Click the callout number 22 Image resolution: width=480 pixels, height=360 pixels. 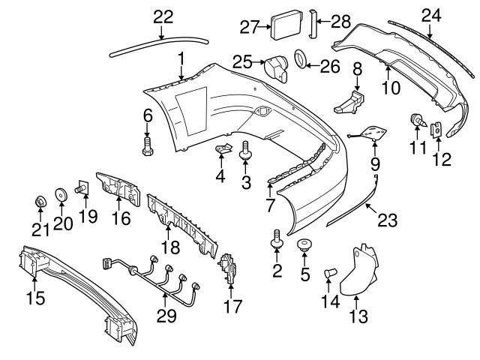coord(163,16)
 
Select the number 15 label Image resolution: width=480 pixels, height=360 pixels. coord(34,298)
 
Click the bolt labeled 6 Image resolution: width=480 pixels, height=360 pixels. coord(147,145)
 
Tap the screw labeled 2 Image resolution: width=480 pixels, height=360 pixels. coord(277,241)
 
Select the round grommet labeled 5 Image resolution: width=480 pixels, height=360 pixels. coord(305,244)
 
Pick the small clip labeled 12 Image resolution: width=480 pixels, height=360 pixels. coord(437,129)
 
